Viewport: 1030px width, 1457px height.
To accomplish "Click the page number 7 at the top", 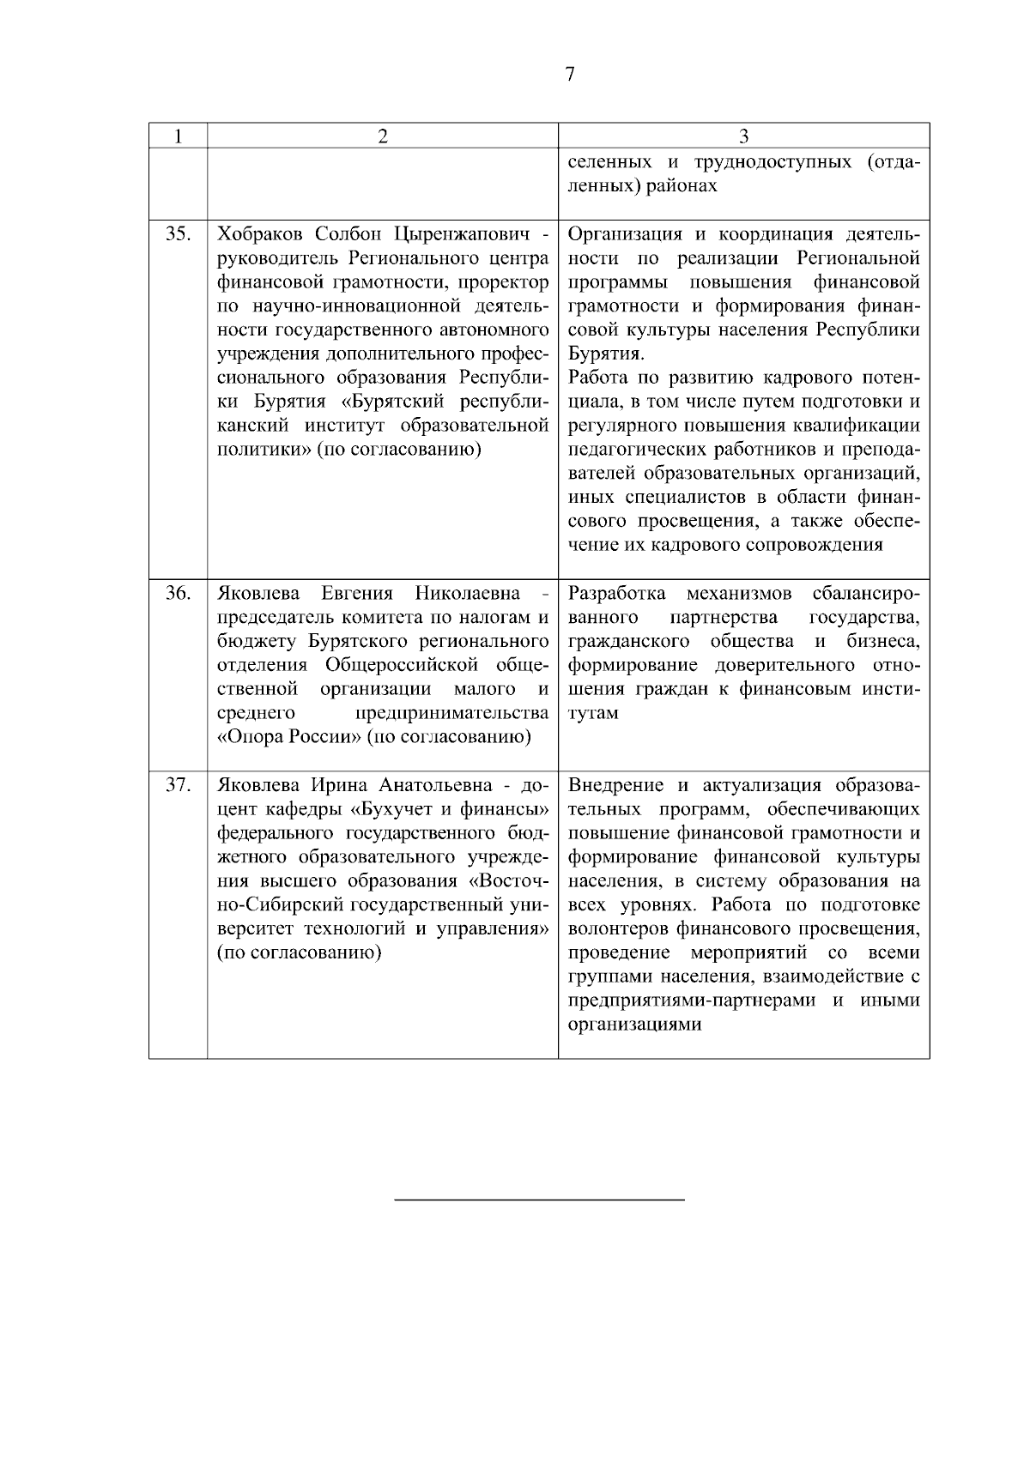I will pos(569,75).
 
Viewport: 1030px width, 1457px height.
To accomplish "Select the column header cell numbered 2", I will pos(383,136).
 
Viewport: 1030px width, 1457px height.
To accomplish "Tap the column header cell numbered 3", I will pos(743,136).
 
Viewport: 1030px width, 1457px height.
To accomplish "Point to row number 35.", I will pos(178,234).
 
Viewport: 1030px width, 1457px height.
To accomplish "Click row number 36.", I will pos(178,594).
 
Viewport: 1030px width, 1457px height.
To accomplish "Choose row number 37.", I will pos(178,785).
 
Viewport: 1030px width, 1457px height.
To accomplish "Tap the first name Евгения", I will pos(356,594).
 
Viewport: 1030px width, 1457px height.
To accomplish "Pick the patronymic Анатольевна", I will pos(443,785).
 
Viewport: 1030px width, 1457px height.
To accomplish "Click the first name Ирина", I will pos(342,785).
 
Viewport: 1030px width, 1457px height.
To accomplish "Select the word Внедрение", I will pos(615,785).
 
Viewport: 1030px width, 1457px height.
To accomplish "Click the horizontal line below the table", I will pos(539,1199).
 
